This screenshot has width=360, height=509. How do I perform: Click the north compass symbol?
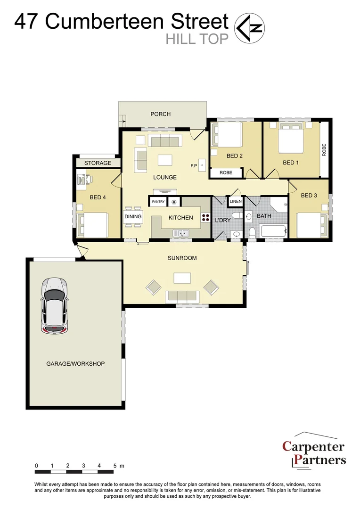coord(250,28)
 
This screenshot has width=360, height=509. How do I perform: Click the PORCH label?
coord(160,114)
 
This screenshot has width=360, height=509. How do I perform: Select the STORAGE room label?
coord(98,163)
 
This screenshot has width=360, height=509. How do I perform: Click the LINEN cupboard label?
coord(235,202)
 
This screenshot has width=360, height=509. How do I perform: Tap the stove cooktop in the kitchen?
coord(206,217)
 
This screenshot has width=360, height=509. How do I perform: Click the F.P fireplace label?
coord(193,166)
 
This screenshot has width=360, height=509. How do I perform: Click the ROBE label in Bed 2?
coord(226,173)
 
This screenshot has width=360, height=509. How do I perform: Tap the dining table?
coord(133,217)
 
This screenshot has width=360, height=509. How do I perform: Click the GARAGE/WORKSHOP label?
coord(75,364)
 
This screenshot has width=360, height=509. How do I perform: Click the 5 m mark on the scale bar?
coord(115,466)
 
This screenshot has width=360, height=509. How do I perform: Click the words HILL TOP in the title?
coord(197,39)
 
